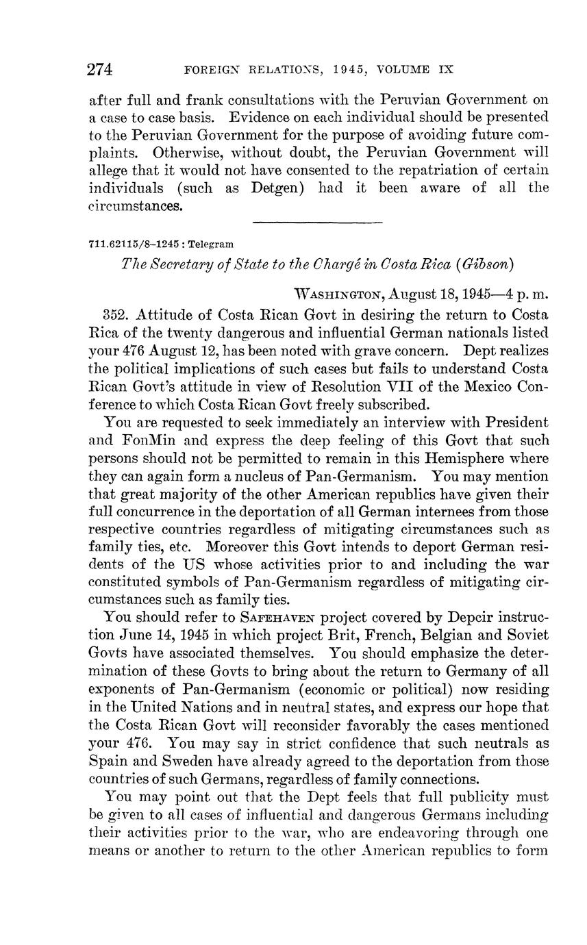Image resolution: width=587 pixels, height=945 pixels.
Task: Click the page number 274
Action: coord(100,69)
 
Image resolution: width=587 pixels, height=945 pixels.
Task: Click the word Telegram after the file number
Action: coord(210,244)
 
